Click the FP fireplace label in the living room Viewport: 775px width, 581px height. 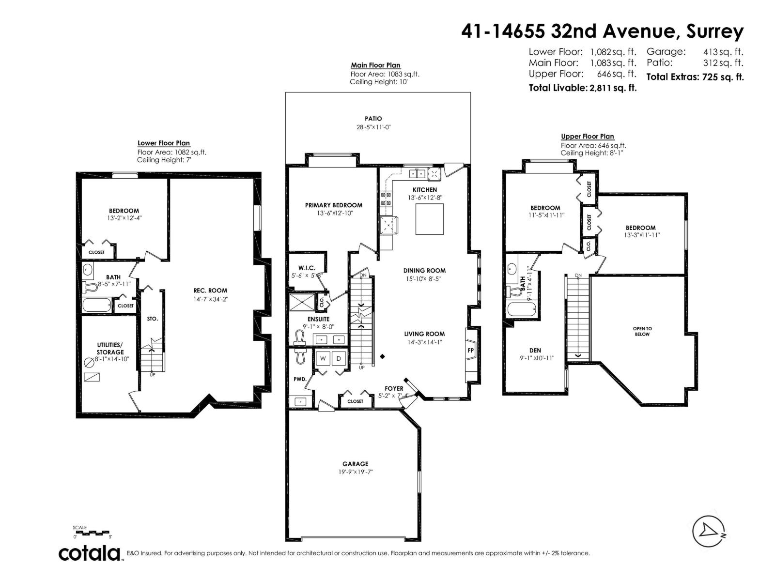(470, 350)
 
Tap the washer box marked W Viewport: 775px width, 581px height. (323, 359)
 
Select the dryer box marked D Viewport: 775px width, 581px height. (339, 359)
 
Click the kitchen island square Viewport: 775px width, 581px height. (430, 218)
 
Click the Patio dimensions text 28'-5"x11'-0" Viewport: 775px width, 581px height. (373, 127)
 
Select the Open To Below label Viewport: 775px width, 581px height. (642, 331)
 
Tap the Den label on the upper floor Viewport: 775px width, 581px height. (535, 350)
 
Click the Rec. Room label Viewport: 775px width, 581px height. (210, 290)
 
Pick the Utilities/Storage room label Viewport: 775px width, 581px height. (110, 349)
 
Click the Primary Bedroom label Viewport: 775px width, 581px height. (333, 205)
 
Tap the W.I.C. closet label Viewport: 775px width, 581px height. (307, 268)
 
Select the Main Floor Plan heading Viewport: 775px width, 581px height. (375, 65)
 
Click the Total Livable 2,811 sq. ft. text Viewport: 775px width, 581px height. (582, 88)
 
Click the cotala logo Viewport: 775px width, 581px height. (90, 553)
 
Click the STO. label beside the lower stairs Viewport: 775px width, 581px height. (152, 319)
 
